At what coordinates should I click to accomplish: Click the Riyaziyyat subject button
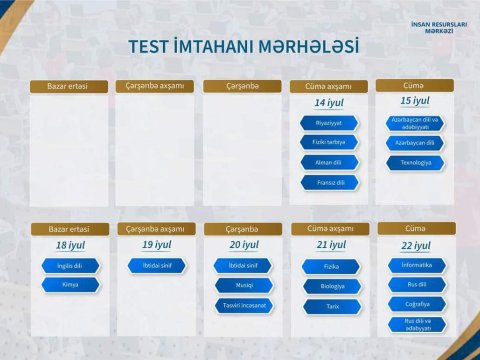pyautogui.click(x=329, y=123)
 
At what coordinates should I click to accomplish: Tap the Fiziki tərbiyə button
pyautogui.click(x=329, y=143)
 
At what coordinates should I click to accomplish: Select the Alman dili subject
pyautogui.click(x=329, y=163)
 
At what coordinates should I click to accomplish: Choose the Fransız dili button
pyautogui.click(x=329, y=183)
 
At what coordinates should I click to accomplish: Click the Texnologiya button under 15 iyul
pyautogui.click(x=415, y=162)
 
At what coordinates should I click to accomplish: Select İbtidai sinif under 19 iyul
pyautogui.click(x=155, y=266)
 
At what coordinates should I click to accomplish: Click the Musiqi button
pyautogui.click(x=243, y=285)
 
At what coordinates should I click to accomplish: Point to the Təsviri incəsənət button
pyautogui.click(x=243, y=305)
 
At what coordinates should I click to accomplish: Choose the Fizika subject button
pyautogui.click(x=331, y=267)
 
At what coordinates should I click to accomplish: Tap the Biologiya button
pyautogui.click(x=331, y=286)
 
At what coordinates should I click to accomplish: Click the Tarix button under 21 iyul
pyautogui.click(x=331, y=305)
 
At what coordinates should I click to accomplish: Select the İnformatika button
pyautogui.click(x=416, y=265)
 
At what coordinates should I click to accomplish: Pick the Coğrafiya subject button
pyautogui.click(x=416, y=304)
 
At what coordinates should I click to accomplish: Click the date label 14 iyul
pyautogui.click(x=329, y=103)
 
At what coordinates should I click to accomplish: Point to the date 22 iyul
pyautogui.click(x=416, y=246)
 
